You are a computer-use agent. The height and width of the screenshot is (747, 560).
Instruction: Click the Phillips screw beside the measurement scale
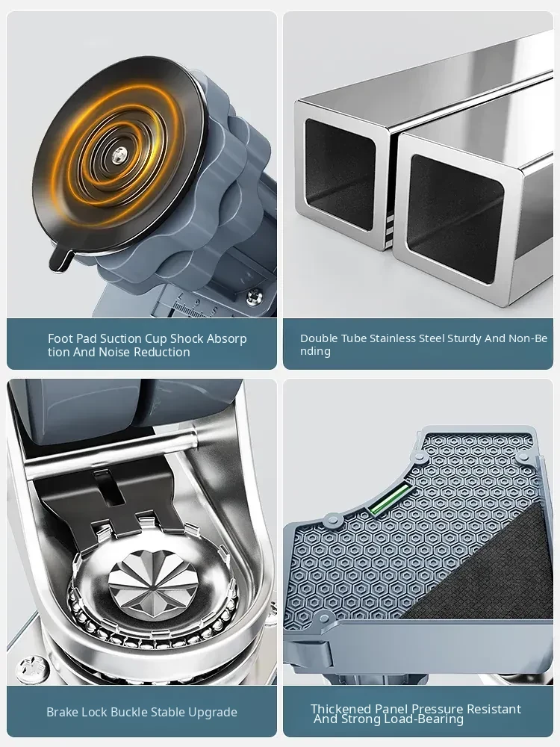click(x=253, y=297)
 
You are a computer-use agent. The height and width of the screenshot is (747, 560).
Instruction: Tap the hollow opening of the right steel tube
click(x=455, y=219)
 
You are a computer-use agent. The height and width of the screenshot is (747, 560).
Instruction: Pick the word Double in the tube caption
click(x=317, y=338)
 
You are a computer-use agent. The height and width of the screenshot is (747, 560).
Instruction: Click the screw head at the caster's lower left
click(x=32, y=670)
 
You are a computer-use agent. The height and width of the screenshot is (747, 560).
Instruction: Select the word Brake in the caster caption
click(x=63, y=712)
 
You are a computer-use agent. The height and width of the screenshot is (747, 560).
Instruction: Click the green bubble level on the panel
click(x=389, y=498)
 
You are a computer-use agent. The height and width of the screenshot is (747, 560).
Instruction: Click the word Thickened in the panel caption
click(x=341, y=709)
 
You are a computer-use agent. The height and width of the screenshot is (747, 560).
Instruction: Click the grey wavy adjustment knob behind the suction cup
click(x=224, y=200)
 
